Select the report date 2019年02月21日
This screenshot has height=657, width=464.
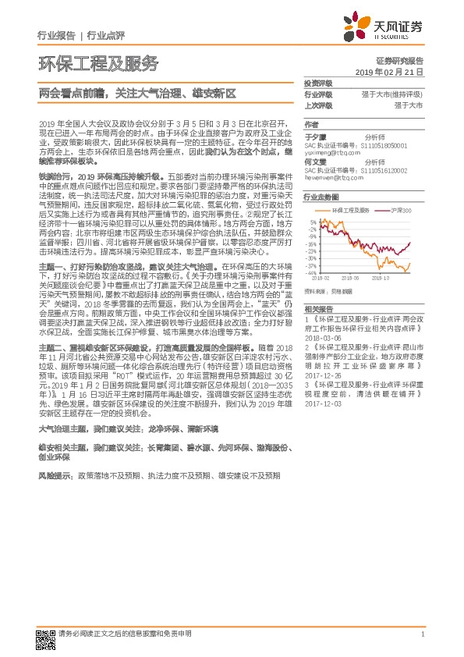coord(394,72)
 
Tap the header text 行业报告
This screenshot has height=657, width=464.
coord(56,36)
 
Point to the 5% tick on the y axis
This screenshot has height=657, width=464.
coord(312,222)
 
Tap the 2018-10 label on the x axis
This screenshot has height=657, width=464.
coord(382,276)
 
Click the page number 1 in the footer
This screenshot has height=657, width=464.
coord(421,634)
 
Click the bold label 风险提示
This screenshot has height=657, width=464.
coord(51,475)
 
